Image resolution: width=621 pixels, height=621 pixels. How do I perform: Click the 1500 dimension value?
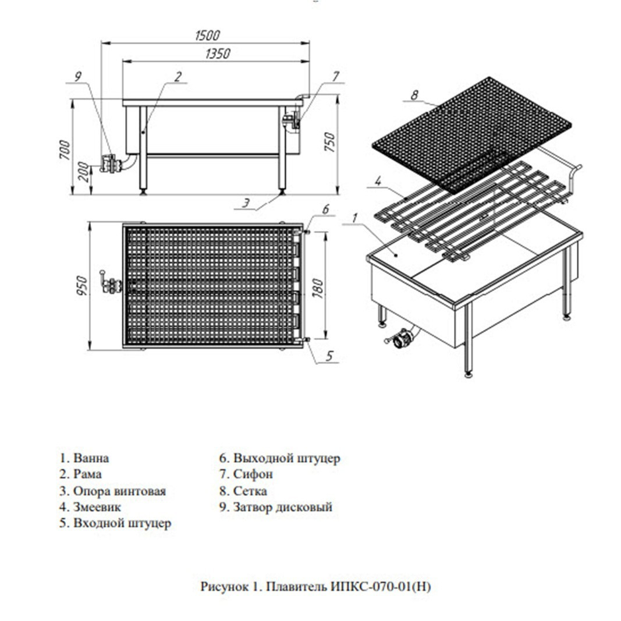point(208,36)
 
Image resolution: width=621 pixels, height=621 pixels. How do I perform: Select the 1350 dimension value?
point(218,54)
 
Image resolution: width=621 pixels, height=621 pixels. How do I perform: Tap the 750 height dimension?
point(329,142)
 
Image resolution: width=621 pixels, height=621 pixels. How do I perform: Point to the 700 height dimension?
point(65,150)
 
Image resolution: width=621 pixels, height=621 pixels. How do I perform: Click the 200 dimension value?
point(83,172)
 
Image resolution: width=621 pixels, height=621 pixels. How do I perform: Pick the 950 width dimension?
point(82,286)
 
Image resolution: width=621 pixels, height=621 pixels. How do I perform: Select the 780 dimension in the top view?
point(318,288)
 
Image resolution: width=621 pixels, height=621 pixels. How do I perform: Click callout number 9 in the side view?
point(77,76)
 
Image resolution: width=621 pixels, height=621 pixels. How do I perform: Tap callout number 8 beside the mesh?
point(414,95)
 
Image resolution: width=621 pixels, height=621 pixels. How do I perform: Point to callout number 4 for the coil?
point(378,181)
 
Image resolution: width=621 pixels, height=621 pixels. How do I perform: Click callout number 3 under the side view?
point(246,203)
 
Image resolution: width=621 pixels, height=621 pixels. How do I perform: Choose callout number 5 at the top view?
point(329,356)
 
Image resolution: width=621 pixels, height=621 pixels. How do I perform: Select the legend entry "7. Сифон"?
point(246,474)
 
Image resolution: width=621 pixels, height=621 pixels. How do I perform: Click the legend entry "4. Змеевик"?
point(90,507)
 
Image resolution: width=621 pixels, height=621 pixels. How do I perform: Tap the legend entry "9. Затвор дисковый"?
point(276,507)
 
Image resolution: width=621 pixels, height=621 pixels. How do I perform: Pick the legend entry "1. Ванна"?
point(84,458)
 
